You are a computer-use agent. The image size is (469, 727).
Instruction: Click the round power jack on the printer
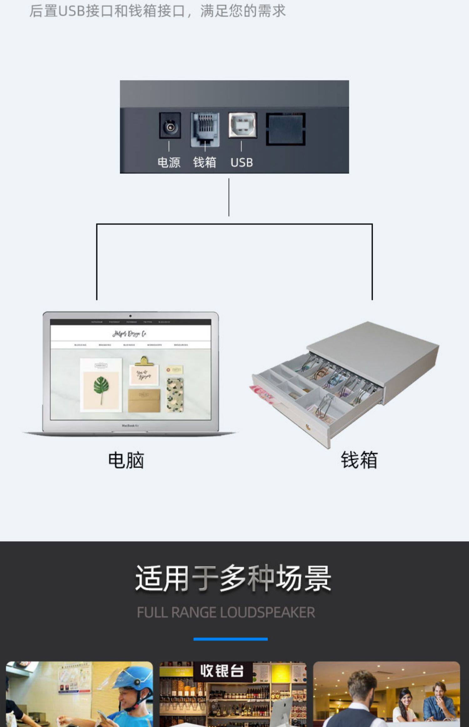170,126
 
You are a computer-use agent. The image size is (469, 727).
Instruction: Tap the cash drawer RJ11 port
205,129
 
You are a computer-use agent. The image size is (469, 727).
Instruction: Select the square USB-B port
243,125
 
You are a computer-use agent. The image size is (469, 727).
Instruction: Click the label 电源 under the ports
169,162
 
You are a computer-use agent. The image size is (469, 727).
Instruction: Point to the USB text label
242,162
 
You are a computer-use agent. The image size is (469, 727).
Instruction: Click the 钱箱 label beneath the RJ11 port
204,162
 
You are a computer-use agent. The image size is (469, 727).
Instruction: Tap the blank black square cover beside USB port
286,129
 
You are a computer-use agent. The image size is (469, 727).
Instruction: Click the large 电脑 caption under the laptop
126,460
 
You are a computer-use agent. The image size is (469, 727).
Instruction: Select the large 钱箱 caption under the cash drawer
359,460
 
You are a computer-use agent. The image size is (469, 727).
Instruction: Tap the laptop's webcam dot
130,316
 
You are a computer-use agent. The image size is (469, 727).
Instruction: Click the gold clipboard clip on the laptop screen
144,361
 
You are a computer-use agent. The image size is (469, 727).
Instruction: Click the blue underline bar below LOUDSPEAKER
230,639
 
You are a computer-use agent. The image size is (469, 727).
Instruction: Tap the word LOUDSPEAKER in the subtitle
268,612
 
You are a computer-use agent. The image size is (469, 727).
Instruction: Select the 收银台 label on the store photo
222,671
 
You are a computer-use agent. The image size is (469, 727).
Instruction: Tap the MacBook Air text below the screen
130,425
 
